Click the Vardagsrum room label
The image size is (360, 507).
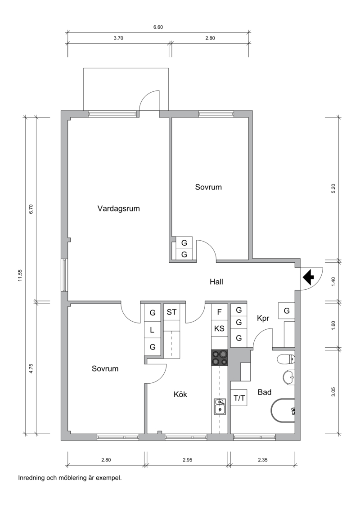click(x=119, y=209)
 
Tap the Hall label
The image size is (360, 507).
click(x=216, y=282)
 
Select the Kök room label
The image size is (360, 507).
click(x=180, y=395)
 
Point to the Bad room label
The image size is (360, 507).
click(x=265, y=392)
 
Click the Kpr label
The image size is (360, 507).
click(x=263, y=319)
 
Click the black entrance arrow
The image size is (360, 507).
click(x=309, y=277)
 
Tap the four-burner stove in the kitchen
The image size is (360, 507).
click(x=220, y=358)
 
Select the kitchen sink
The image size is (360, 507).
click(x=220, y=407)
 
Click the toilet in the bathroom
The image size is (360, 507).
click(x=286, y=359)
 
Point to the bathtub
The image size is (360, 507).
click(x=283, y=410)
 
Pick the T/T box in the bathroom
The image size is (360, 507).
click(x=239, y=398)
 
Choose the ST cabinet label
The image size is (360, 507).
click(x=172, y=312)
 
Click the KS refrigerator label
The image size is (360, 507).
click(x=219, y=328)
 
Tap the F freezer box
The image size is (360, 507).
click(x=219, y=312)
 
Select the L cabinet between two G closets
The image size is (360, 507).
click(x=153, y=330)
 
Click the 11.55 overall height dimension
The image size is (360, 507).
click(x=20, y=275)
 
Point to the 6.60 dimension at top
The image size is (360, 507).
click(x=158, y=27)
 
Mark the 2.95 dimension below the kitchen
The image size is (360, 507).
click(x=187, y=459)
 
